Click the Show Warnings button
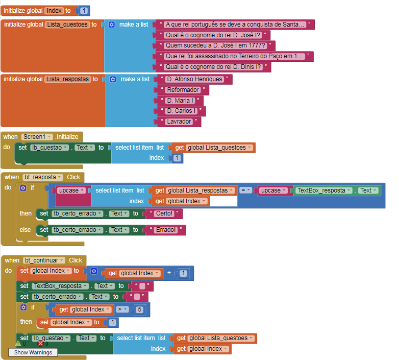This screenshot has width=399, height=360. click(33, 352)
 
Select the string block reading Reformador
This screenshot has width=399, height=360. click(183, 90)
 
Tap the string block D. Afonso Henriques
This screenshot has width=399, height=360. click(194, 79)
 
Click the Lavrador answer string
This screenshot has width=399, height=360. click(179, 122)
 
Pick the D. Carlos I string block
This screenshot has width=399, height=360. click(181, 111)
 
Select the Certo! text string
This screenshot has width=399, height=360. click(164, 213)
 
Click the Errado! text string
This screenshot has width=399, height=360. click(166, 230)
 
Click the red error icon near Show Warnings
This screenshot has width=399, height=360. click(40, 344)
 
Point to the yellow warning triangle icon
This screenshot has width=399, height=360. click(18, 344)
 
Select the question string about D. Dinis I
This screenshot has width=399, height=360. click(214, 67)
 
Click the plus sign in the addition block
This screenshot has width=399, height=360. click(169, 273)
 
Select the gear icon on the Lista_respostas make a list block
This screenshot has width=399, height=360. click(113, 79)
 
